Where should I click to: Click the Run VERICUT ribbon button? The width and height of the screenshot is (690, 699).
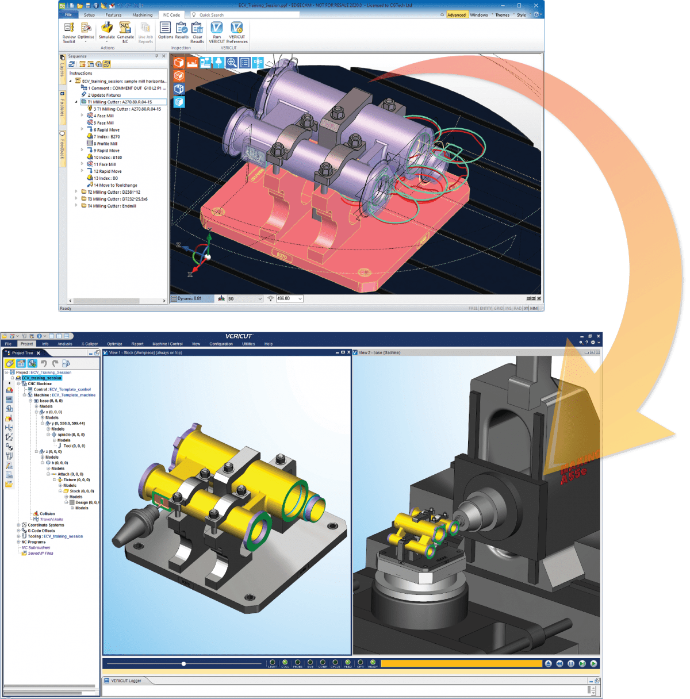(x=217, y=32)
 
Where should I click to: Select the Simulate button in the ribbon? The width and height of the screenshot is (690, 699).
(x=107, y=32)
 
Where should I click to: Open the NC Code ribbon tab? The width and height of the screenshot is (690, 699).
(x=171, y=15)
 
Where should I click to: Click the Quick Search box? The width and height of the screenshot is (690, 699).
(x=244, y=15)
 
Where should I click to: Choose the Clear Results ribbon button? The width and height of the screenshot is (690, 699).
(x=197, y=32)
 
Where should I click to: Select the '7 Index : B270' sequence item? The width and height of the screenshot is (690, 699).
(x=106, y=137)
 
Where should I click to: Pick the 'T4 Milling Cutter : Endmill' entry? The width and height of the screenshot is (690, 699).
(x=112, y=206)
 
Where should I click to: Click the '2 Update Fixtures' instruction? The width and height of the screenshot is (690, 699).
(x=104, y=95)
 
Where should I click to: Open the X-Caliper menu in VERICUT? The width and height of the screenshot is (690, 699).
(x=90, y=344)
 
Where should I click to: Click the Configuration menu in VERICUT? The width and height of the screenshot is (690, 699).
(x=221, y=344)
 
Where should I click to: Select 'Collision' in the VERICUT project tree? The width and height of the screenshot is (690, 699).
(x=47, y=514)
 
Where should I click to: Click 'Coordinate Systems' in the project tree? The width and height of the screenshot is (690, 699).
(x=46, y=525)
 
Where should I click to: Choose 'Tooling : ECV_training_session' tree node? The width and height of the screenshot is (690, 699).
(x=55, y=536)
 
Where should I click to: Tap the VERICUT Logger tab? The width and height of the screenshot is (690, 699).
(x=126, y=681)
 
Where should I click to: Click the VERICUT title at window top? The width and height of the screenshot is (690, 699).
(x=239, y=336)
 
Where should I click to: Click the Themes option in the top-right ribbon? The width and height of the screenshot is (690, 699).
(x=502, y=15)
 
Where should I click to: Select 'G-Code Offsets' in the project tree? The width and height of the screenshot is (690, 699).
(x=41, y=531)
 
